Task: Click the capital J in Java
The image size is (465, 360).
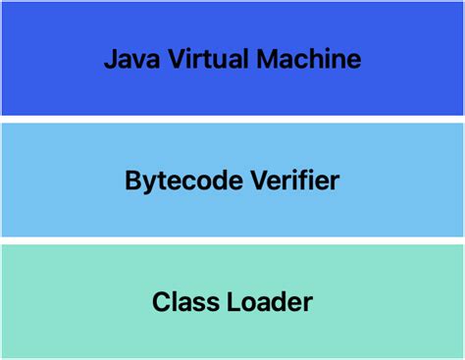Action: point(110,59)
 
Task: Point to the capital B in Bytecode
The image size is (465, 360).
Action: point(132,181)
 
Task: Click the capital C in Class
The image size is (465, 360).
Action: point(160,302)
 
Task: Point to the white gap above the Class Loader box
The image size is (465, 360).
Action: point(232,240)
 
